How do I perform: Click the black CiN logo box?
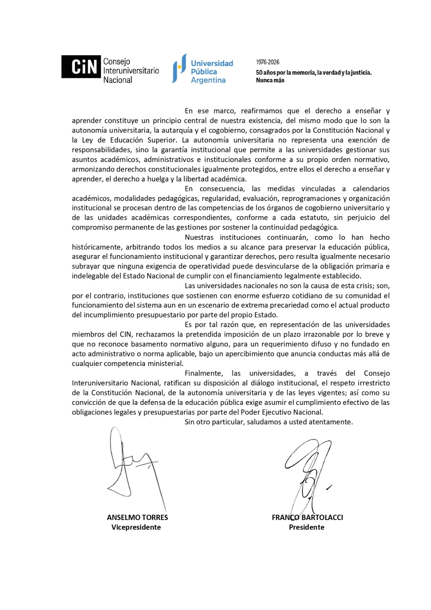[81, 67]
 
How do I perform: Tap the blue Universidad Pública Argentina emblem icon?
[179, 68]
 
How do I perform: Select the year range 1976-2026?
[268, 62]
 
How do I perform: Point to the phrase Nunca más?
[270, 80]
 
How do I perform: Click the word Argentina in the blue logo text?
[208, 80]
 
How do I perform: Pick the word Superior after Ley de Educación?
[162, 140]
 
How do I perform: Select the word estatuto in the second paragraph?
[314, 218]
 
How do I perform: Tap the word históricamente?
[97, 247]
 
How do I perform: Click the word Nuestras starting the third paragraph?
[199, 238]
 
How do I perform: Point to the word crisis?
[364, 286]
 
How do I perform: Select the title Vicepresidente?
[136, 528]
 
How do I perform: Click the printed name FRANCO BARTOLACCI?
[307, 518]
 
